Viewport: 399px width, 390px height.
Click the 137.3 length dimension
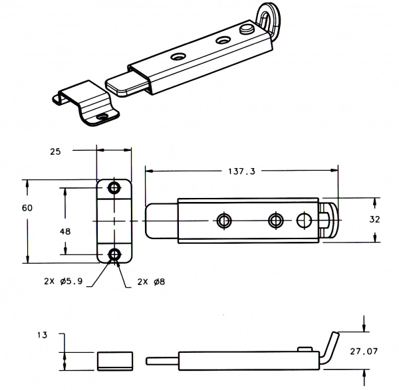pos(241,171)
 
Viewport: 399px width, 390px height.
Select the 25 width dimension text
pos(56,151)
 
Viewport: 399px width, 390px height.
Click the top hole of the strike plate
pos(115,188)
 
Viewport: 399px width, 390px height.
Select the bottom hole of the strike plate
pos(115,254)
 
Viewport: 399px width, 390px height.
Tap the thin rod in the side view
pos(160,361)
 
